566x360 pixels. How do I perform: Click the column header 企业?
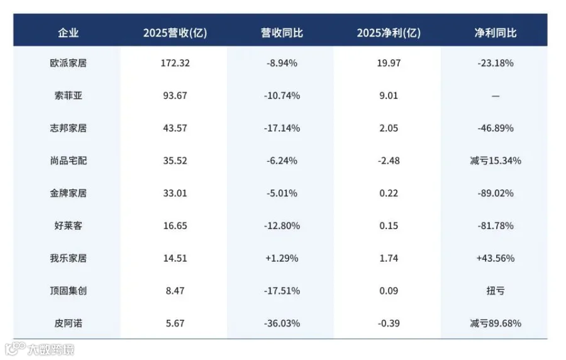68,33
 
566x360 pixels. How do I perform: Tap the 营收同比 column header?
282,33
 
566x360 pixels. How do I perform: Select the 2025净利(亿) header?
389,33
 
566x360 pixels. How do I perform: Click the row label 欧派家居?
68,63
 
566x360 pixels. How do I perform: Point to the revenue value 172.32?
175,63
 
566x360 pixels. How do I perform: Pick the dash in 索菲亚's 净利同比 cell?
496,96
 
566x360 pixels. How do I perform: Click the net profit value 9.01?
389,96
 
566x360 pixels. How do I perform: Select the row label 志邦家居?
68,128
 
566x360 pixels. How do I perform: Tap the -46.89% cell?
496,128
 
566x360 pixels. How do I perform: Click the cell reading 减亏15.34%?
496,160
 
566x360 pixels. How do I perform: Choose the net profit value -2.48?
389,160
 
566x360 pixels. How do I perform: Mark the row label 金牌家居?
68,193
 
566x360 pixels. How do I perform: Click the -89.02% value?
496,193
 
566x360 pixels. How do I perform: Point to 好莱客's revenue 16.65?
175,226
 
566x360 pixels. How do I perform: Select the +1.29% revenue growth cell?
282,258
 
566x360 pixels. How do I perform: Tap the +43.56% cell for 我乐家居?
496,258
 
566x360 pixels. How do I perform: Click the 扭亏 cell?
496,291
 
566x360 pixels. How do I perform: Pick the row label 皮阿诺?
68,323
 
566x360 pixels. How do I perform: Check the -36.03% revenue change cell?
282,323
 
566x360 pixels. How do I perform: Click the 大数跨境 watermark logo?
40,349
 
